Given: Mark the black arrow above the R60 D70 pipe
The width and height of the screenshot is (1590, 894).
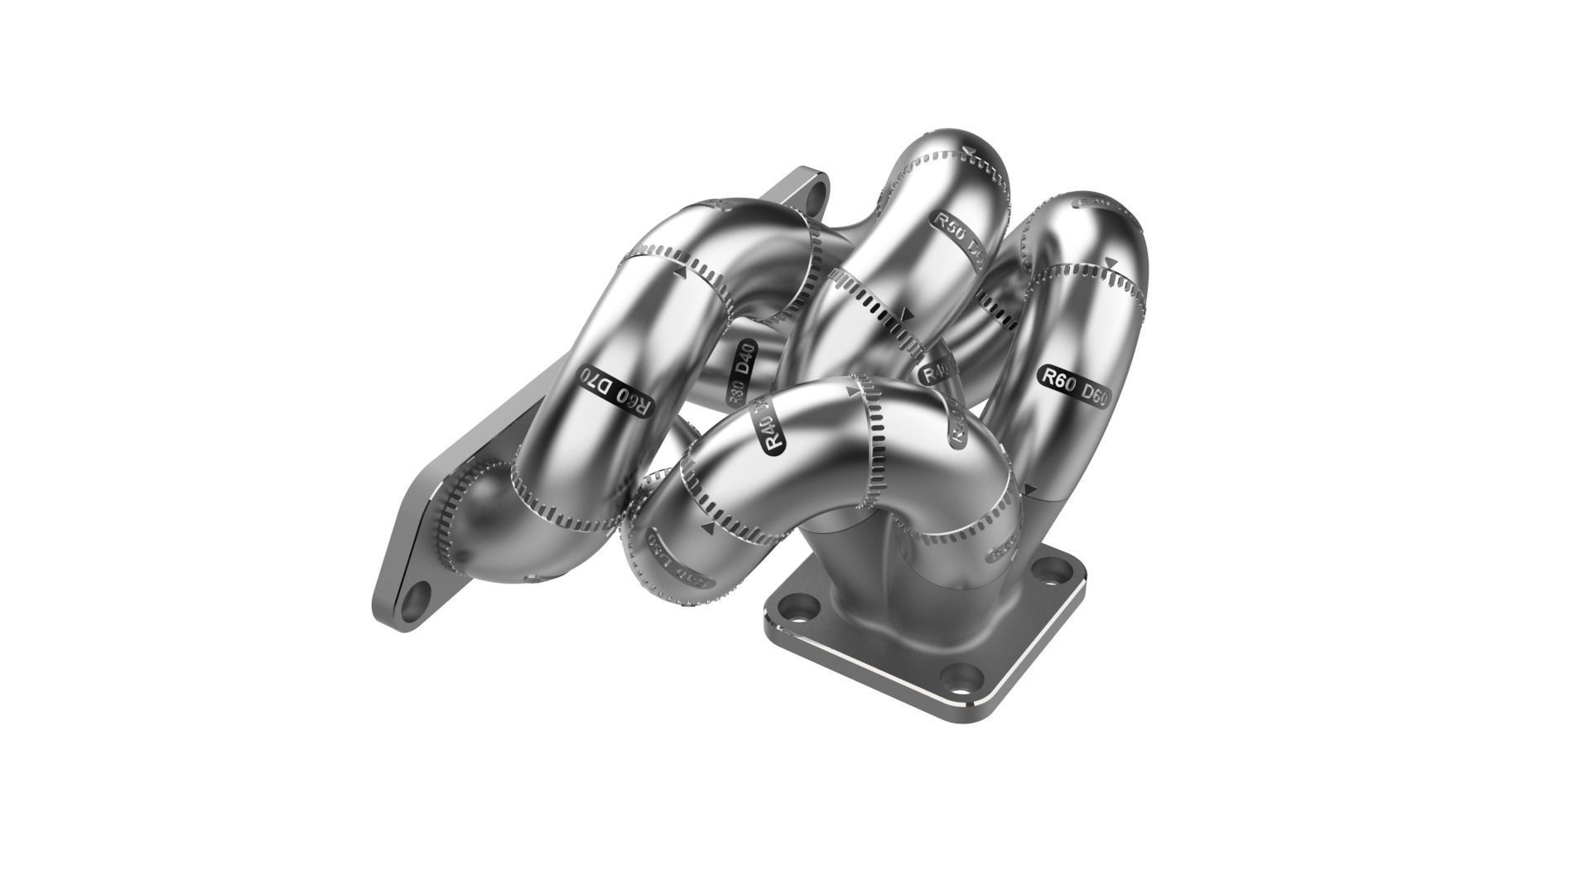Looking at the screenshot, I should [x=681, y=271].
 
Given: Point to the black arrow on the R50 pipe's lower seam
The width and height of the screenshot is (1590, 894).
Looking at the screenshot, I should [x=908, y=315].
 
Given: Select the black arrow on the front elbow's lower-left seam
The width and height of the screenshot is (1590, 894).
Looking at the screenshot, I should [x=708, y=526].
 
